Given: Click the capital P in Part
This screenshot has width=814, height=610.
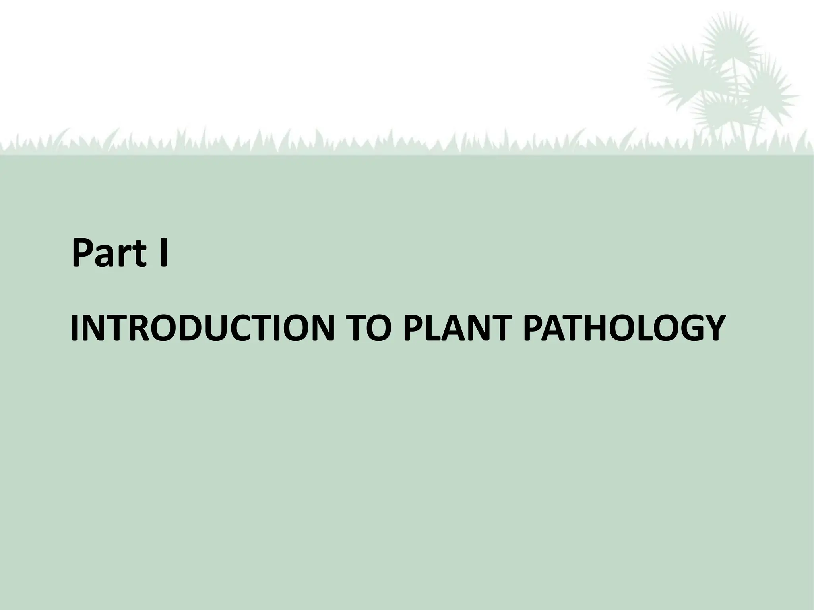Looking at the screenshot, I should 83,253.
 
